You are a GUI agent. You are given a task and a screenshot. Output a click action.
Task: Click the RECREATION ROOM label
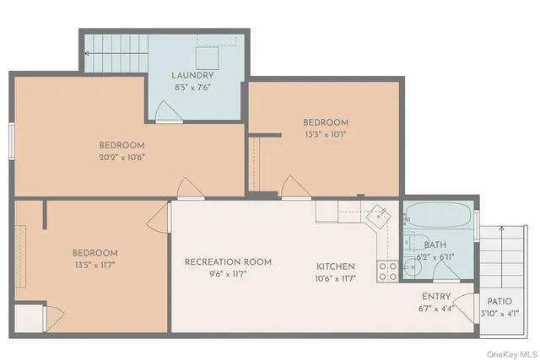(228, 261)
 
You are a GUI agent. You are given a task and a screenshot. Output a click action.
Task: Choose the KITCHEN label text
(336, 266)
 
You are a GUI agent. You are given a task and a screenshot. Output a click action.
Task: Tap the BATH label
(435, 244)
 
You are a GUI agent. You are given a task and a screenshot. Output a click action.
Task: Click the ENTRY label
(435, 297)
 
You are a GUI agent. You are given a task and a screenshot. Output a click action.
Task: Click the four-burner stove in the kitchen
(387, 270)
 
